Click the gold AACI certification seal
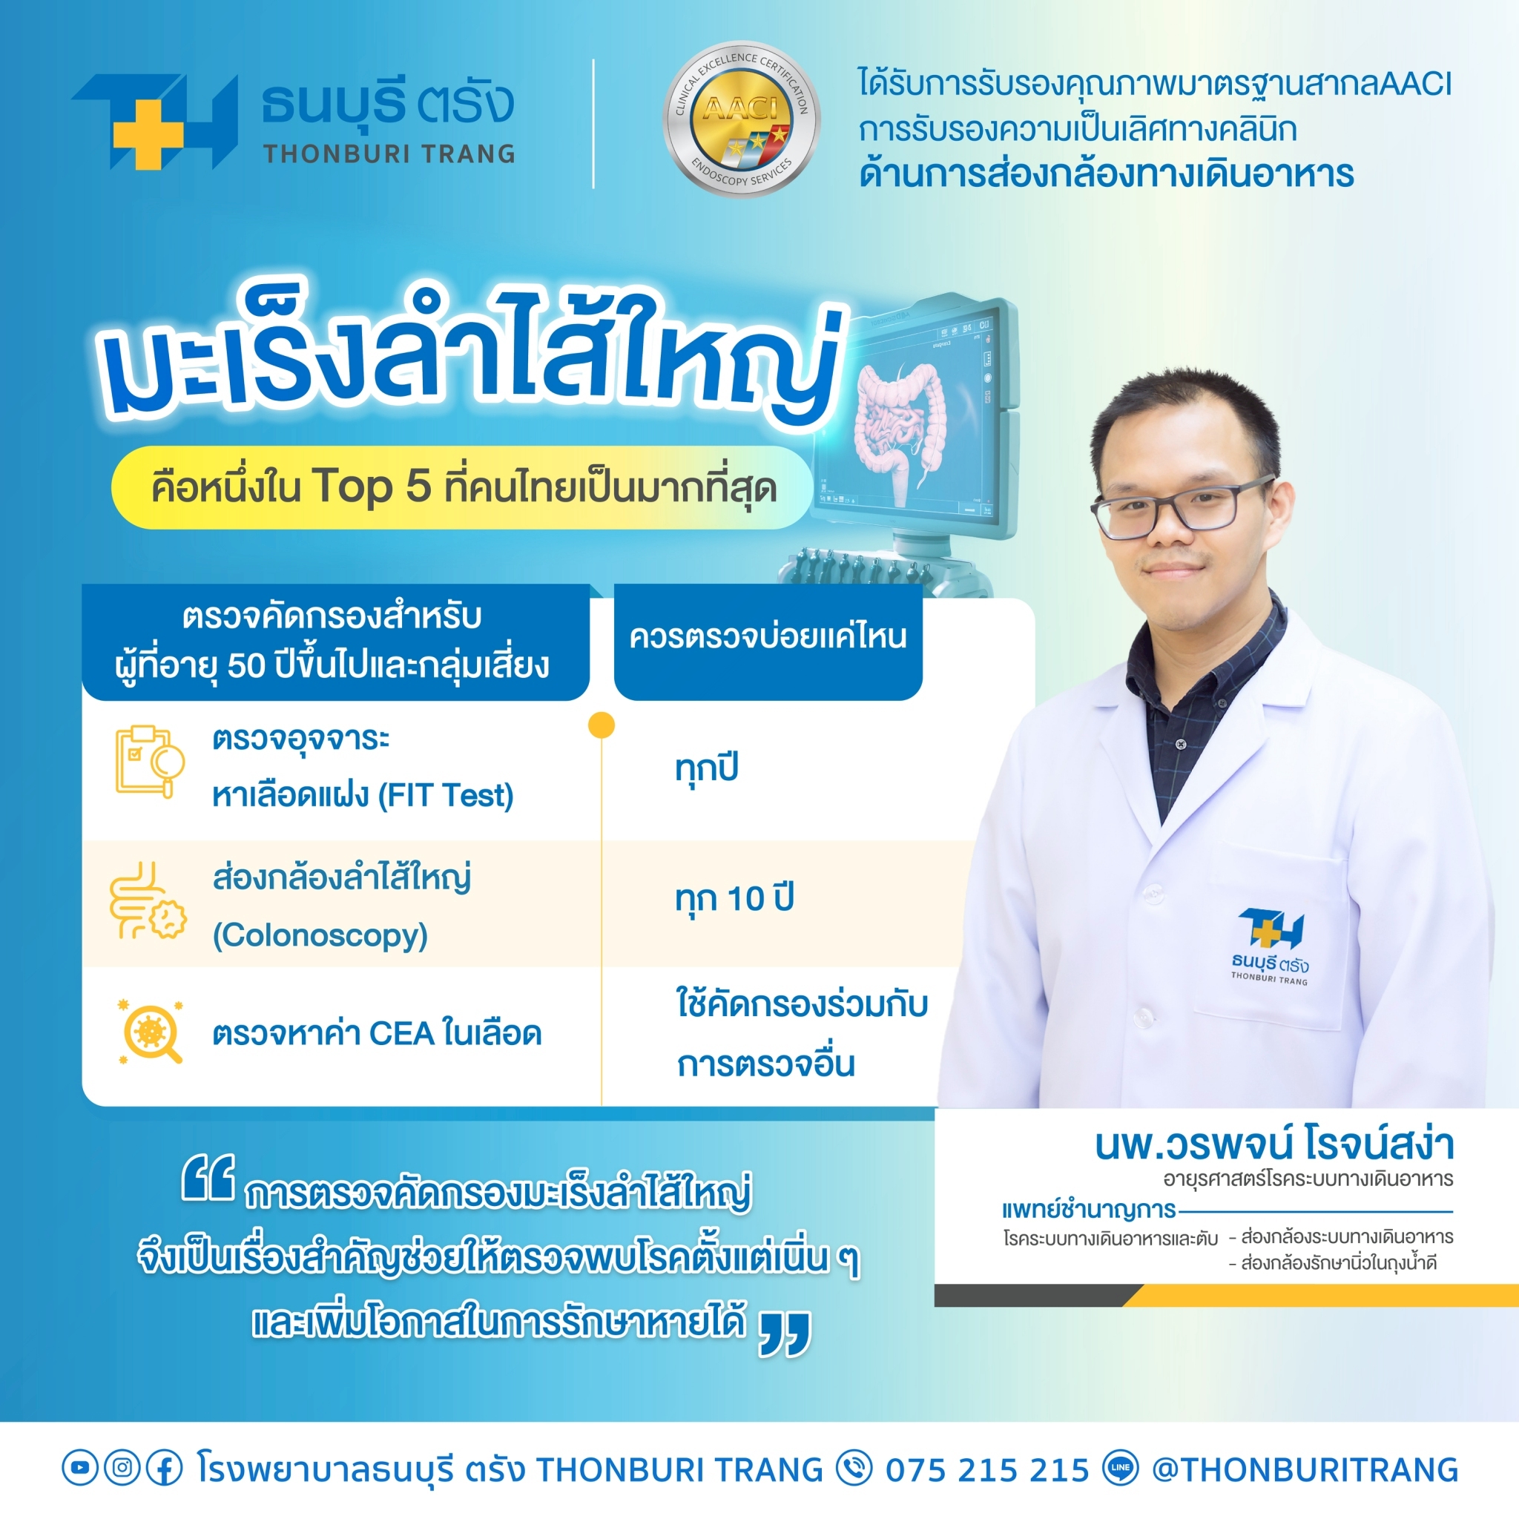click(x=742, y=119)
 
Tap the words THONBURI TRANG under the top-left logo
click(x=390, y=154)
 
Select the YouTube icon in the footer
click(x=79, y=1467)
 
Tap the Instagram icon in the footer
click(x=122, y=1467)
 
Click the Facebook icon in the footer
click(x=165, y=1467)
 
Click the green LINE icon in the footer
click(x=1121, y=1467)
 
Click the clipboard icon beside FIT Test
click(x=150, y=760)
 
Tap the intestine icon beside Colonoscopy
click(x=148, y=900)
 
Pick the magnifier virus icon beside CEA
click(x=149, y=1032)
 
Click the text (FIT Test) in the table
click(x=446, y=796)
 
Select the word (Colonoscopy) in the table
click(x=320, y=935)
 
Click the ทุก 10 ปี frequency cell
click(x=734, y=899)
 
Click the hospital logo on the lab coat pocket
click(x=1270, y=947)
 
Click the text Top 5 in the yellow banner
click(x=372, y=487)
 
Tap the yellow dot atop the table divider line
click(x=602, y=725)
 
